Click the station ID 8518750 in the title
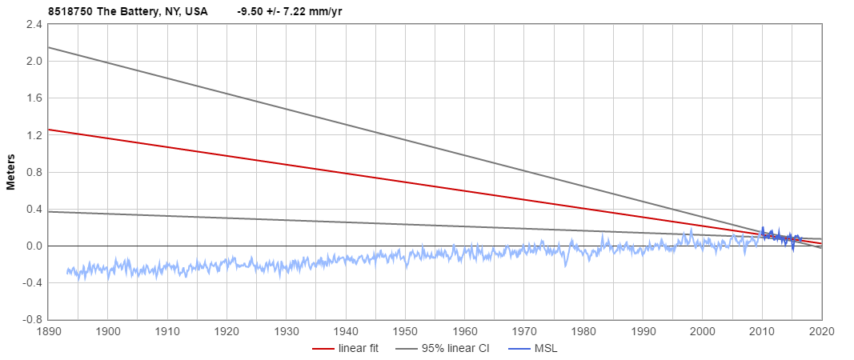[x=70, y=11]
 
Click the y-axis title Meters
[x=11, y=172]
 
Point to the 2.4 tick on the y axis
[x=34, y=25]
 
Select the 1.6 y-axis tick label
[x=34, y=98]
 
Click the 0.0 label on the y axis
[x=34, y=246]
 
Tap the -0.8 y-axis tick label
[x=32, y=319]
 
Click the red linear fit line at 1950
[x=405, y=182]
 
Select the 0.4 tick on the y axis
[x=34, y=209]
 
